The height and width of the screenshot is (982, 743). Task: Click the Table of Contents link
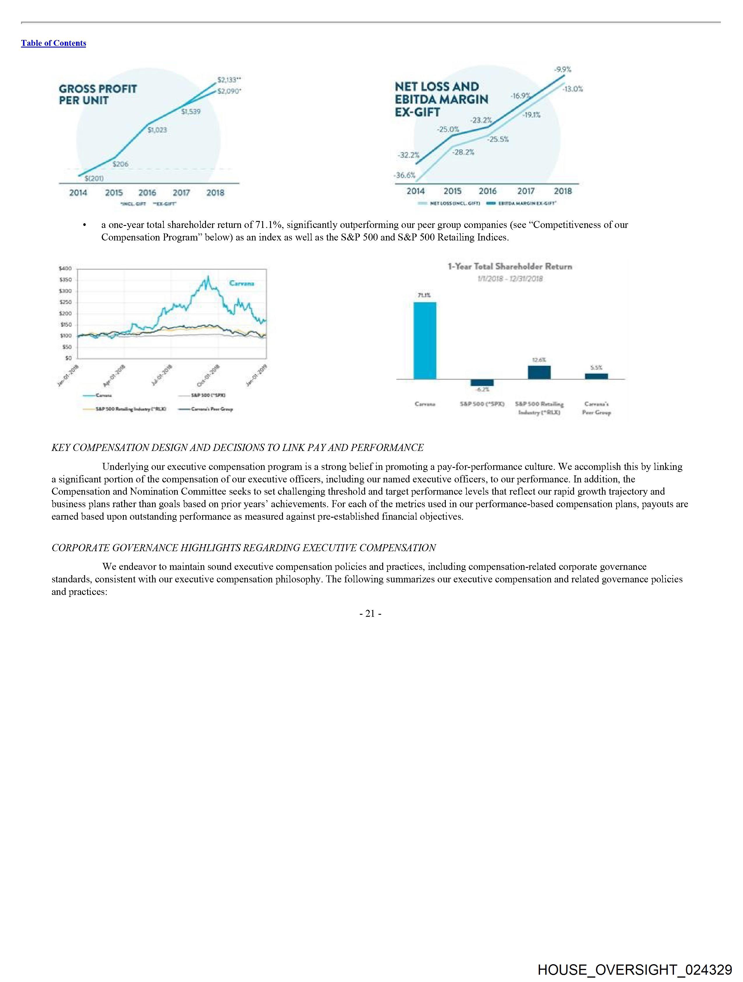point(53,43)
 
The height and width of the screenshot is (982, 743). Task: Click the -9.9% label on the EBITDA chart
point(562,69)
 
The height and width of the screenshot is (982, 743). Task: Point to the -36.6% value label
point(404,175)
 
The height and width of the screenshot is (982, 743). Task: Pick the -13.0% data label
point(573,89)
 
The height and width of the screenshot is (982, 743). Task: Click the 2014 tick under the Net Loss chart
point(415,191)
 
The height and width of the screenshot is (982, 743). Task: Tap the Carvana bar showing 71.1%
point(425,340)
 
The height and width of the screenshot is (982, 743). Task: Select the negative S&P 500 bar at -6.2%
point(482,383)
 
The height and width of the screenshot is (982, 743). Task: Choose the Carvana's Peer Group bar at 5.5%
point(596,376)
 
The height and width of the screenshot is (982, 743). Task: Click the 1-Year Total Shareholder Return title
point(510,266)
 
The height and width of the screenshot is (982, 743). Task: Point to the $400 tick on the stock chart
point(65,268)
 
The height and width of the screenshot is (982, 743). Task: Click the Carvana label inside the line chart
point(242,283)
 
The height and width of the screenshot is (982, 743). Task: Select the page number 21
point(370,614)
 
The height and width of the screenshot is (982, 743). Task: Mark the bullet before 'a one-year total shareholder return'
point(84,225)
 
